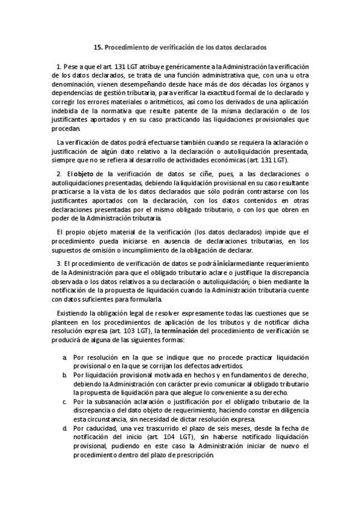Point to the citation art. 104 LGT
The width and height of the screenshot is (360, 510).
click(x=161, y=437)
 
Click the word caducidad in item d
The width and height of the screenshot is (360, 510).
click(x=95, y=428)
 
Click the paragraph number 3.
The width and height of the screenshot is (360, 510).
click(x=58, y=263)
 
